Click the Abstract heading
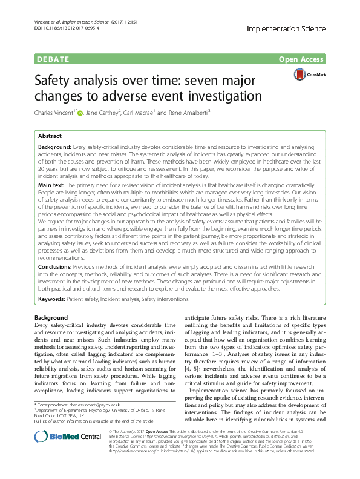[50, 136]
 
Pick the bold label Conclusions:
[57, 282]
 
